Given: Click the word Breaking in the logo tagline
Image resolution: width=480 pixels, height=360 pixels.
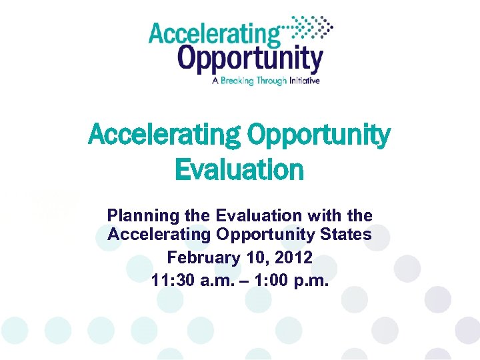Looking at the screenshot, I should click(240, 81).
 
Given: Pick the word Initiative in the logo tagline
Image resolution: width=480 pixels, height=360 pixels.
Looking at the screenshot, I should click(305, 81).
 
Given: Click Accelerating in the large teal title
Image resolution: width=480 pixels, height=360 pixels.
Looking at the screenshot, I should click(165, 135).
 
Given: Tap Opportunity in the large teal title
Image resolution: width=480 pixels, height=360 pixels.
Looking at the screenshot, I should click(319, 135).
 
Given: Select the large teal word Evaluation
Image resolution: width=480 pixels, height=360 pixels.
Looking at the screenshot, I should click(239, 169).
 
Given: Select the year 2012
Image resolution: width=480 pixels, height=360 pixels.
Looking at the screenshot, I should click(295, 257).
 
